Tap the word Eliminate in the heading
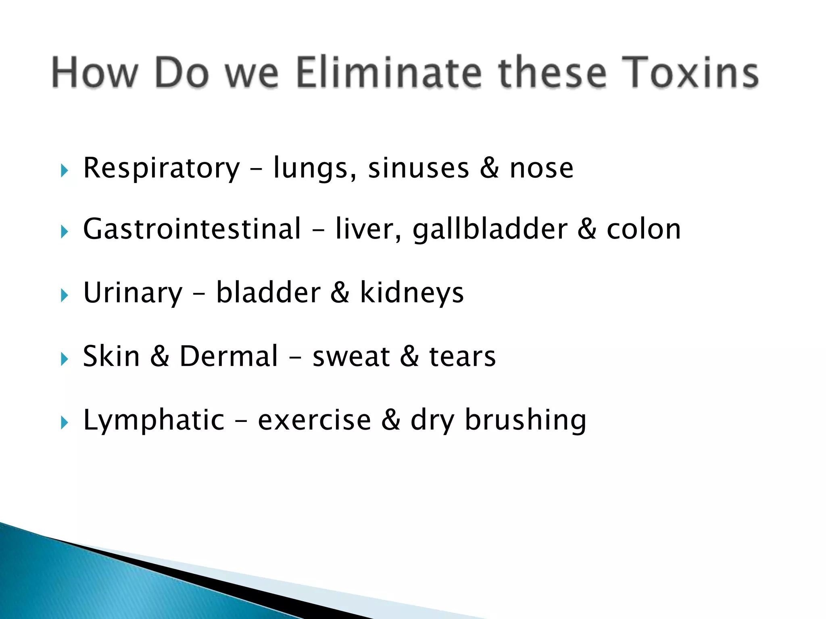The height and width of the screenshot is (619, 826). (x=389, y=73)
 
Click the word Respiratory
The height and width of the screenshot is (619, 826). (x=161, y=168)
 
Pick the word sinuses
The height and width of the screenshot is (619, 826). (x=418, y=168)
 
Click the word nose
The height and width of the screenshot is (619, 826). (x=541, y=168)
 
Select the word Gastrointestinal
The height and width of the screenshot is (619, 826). (x=192, y=229)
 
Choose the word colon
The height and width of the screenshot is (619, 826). (x=644, y=229)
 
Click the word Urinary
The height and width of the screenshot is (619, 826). (x=133, y=293)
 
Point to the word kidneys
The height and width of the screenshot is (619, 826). (x=411, y=293)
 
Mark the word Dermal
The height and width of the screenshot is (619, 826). (x=229, y=356)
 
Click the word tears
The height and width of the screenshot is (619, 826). (x=462, y=357)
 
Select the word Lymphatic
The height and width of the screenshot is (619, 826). (x=154, y=420)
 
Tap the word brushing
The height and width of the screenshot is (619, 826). (x=526, y=420)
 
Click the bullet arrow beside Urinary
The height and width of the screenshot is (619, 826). (x=64, y=295)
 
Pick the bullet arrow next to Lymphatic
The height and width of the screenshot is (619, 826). (x=64, y=423)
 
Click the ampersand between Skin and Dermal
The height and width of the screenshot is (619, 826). (x=160, y=356)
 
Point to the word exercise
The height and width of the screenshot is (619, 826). (x=314, y=420)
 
